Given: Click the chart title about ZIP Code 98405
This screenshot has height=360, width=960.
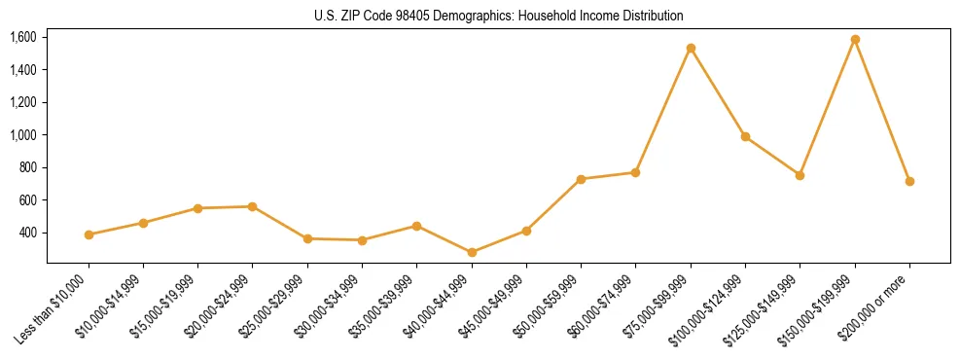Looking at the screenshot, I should pos(498,17).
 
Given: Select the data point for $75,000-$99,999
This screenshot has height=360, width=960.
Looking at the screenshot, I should pos(691,48).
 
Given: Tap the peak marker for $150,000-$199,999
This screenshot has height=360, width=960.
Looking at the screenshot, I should pos(855,40).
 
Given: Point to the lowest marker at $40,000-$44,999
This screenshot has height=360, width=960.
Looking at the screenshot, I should pos(472,252).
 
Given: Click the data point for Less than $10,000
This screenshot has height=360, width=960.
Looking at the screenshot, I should pos(89,234).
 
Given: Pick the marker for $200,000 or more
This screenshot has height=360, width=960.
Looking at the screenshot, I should pos(909,181).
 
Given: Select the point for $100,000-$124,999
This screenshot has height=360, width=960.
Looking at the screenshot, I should pos(745,136).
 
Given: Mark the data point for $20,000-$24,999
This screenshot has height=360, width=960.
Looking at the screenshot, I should pos(253,206).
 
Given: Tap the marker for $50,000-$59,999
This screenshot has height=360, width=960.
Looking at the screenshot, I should pos(581,179).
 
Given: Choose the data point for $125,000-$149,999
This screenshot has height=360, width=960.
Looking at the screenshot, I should pos(800,175).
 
